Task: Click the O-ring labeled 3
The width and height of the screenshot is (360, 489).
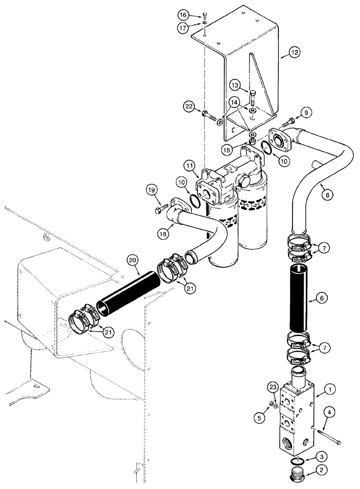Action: [x=293, y=461]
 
